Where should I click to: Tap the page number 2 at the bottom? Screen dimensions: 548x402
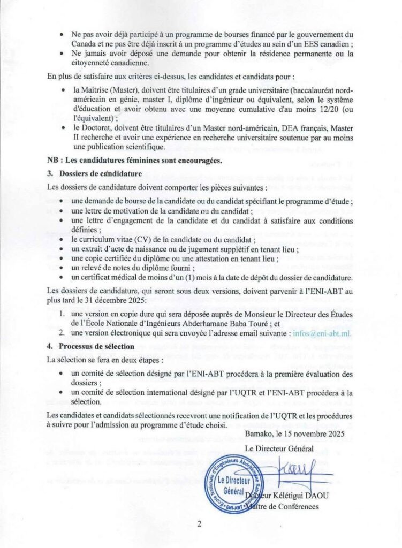[199, 524]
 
